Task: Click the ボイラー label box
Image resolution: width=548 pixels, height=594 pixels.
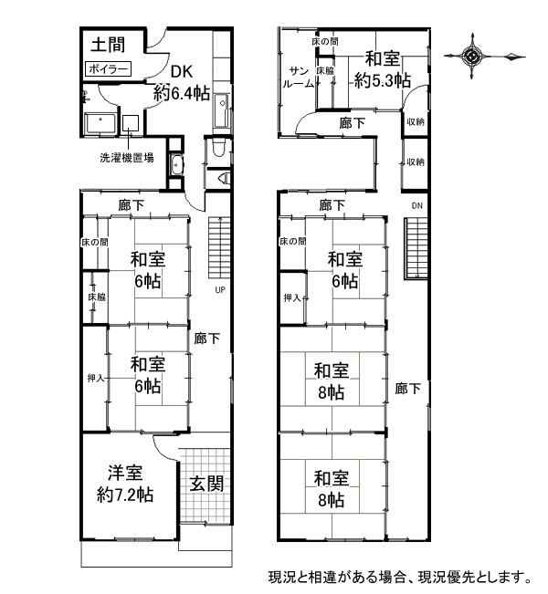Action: click(108, 69)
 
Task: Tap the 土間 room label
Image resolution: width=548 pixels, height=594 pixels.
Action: click(108, 45)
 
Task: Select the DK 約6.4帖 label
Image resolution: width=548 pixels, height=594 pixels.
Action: click(182, 82)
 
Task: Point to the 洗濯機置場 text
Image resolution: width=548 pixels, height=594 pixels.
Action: click(127, 157)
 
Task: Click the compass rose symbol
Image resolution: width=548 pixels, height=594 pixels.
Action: click(472, 57)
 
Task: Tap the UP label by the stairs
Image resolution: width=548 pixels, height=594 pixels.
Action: click(220, 290)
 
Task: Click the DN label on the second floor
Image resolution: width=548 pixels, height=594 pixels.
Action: click(416, 205)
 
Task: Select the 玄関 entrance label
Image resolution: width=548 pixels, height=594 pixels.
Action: click(206, 484)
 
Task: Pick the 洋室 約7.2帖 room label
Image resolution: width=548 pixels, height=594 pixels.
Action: click(125, 484)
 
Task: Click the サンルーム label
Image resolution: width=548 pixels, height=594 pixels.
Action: click(298, 78)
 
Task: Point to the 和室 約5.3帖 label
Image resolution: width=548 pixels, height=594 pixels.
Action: click(383, 69)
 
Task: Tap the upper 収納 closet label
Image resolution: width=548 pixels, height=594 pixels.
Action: click(416, 121)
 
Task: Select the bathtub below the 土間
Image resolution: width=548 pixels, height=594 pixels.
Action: click(100, 123)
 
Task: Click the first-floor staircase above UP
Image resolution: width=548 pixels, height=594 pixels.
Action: click(219, 247)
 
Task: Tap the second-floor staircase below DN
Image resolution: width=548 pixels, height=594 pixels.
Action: click(416, 248)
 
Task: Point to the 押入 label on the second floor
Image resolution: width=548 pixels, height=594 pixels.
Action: click(292, 297)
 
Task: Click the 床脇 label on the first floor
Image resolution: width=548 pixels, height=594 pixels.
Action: click(97, 297)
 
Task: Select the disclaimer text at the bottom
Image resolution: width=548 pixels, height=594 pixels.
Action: click(400, 577)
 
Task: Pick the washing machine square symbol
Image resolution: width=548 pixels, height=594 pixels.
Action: click(131, 123)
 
